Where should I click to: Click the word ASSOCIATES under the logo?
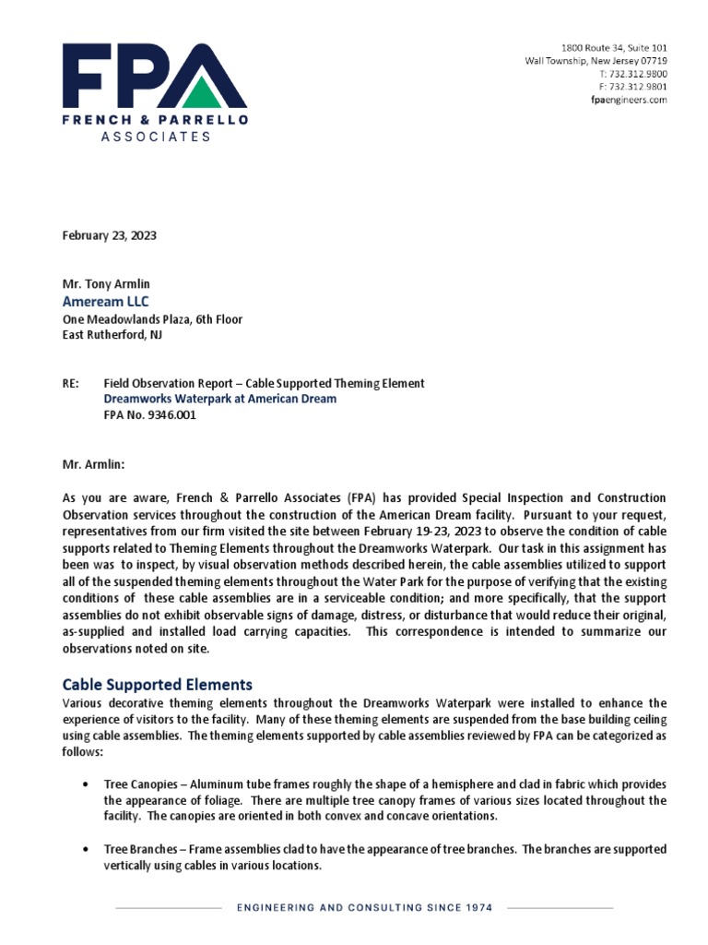[155, 137]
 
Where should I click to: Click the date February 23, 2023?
[109, 235]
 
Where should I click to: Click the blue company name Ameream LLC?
[105, 302]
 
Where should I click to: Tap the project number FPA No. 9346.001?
[150, 415]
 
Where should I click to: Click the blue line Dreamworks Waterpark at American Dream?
[220, 399]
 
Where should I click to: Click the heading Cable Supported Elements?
[157, 685]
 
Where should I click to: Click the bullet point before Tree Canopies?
[86, 784]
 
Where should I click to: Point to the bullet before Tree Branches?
[86, 849]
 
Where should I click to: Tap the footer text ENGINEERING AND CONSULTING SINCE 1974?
[365, 907]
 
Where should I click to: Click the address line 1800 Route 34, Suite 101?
[614, 48]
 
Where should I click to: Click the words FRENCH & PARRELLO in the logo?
[155, 120]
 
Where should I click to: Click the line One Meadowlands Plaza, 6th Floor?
[153, 319]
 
